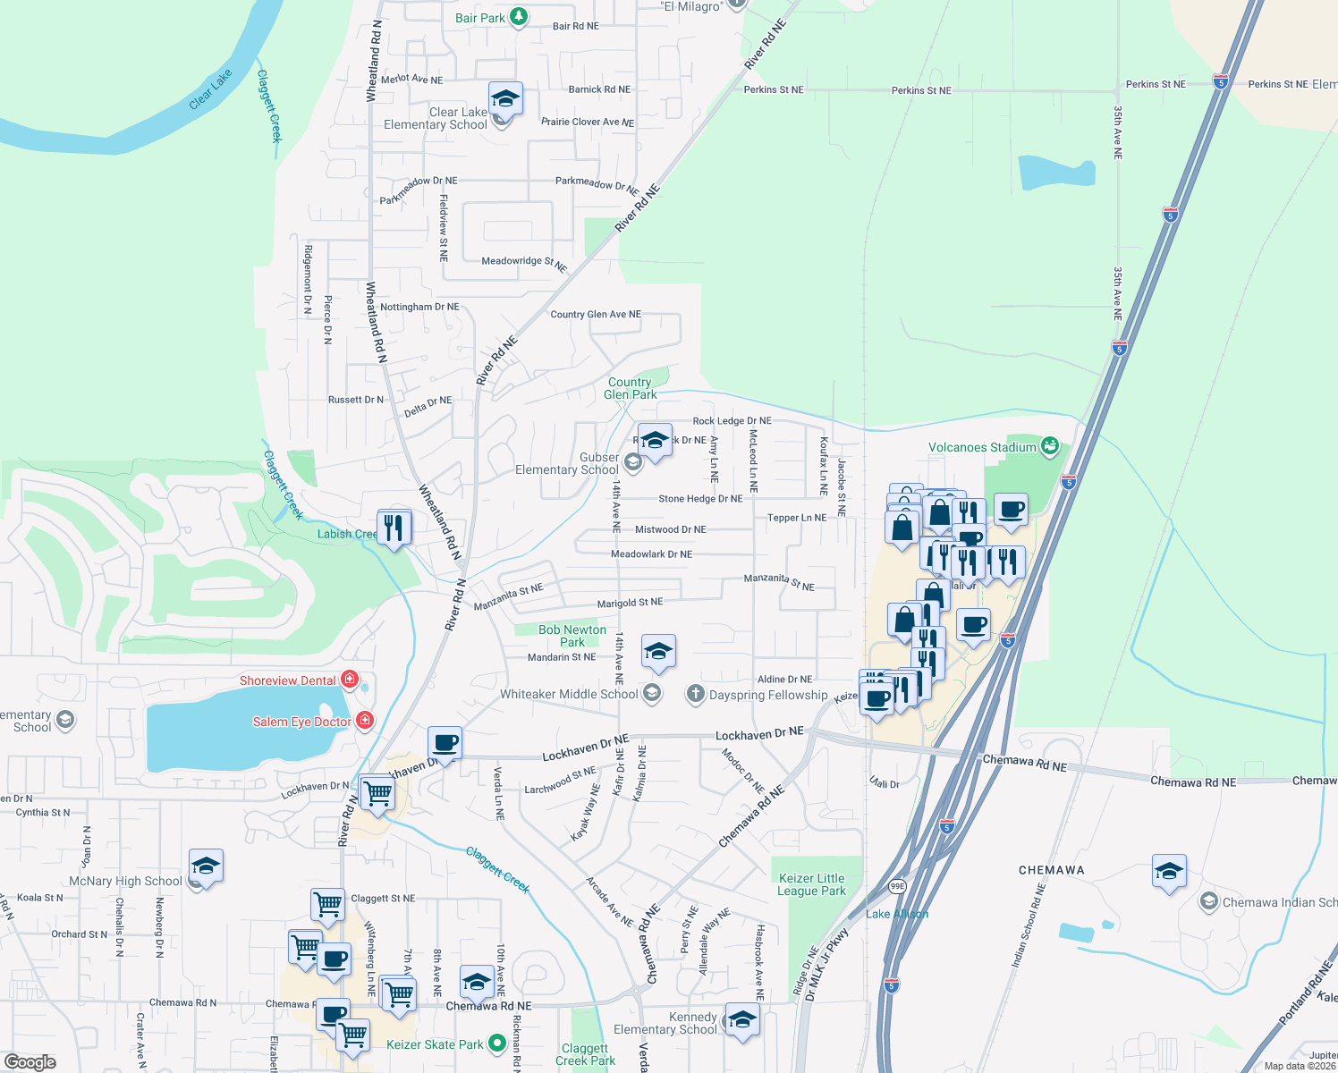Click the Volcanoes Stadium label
981,447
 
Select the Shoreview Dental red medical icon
350,680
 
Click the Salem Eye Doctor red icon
364,721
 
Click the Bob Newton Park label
572,636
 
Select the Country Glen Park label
630,388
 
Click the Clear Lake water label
210,89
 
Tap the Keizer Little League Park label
811,884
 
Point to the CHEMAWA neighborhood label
1052,870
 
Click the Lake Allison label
897,914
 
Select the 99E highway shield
896,886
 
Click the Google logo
30,1062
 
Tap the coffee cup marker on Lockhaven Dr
445,742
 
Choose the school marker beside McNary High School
206,866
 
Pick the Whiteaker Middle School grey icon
652,693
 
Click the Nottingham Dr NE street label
419,307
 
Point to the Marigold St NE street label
630,604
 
